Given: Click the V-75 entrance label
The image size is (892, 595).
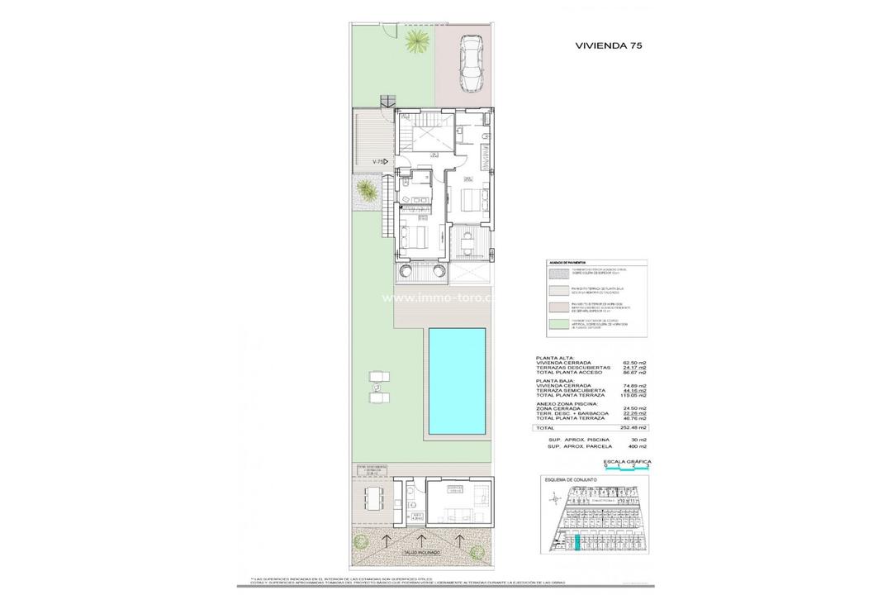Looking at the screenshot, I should point(380,162).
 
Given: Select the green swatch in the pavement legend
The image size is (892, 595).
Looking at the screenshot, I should point(563,325).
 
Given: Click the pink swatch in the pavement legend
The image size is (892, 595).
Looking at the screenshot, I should point(563,307).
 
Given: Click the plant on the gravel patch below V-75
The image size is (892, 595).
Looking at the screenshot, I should point(364,193).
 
